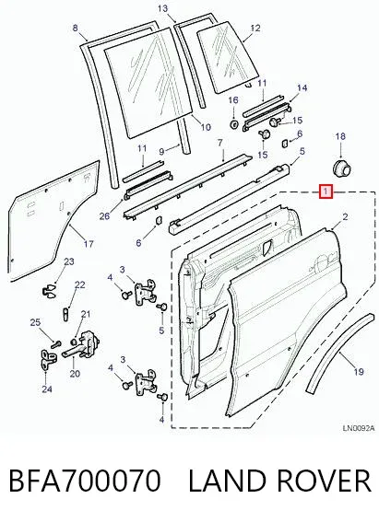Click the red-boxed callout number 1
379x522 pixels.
click(326, 191)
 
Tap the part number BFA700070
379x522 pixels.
click(84, 481)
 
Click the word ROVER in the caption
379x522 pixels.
click(323, 481)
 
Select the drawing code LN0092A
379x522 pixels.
click(358, 428)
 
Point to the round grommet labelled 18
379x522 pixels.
click(342, 169)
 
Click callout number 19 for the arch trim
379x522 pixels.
click(359, 372)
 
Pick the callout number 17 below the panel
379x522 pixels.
click(89, 244)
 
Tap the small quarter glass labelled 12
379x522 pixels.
click(229, 56)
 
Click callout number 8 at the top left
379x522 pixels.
click(75, 28)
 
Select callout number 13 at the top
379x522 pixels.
click(162, 8)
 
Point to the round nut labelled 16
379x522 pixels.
click(233, 124)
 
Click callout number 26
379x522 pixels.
click(104, 216)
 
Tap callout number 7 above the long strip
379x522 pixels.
click(219, 143)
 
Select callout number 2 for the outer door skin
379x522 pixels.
click(345, 217)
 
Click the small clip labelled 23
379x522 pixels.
click(50, 290)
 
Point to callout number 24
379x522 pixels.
click(47, 389)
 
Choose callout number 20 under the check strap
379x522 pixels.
click(75, 374)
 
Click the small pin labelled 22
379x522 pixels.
click(65, 313)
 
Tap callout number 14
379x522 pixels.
click(302, 88)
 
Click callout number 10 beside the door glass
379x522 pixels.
click(206, 127)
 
